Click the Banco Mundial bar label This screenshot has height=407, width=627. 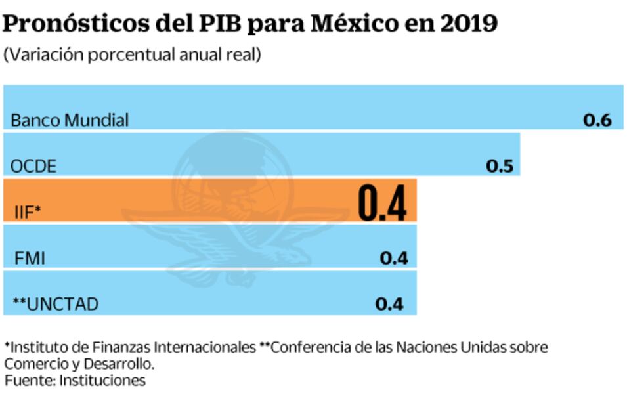[x=70, y=120]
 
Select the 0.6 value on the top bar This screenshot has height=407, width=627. [x=597, y=120]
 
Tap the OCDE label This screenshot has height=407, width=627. [x=33, y=166]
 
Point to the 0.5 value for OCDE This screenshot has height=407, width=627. [x=499, y=166]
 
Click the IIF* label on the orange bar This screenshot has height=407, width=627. [x=28, y=211]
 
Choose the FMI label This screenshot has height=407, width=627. [x=30, y=259]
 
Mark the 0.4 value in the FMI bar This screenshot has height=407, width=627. [x=394, y=259]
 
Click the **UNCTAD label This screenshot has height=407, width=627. [x=55, y=304]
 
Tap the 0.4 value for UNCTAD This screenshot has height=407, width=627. [x=389, y=304]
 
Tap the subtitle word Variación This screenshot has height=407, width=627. [x=41, y=54]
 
